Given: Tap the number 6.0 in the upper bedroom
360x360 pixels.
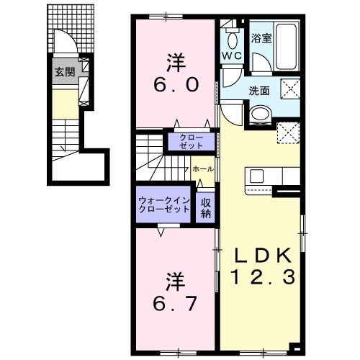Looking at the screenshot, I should pyautogui.click(x=173, y=84).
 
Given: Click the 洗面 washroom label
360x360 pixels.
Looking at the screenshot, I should pyautogui.click(x=259, y=91).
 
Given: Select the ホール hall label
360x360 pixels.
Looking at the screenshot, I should pyautogui.click(x=202, y=168).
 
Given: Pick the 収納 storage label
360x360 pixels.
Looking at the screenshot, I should pyautogui.click(x=206, y=207).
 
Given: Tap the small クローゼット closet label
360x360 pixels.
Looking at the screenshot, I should pyautogui.click(x=190, y=140).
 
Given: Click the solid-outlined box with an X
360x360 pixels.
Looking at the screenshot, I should pyautogui.click(x=290, y=91).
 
